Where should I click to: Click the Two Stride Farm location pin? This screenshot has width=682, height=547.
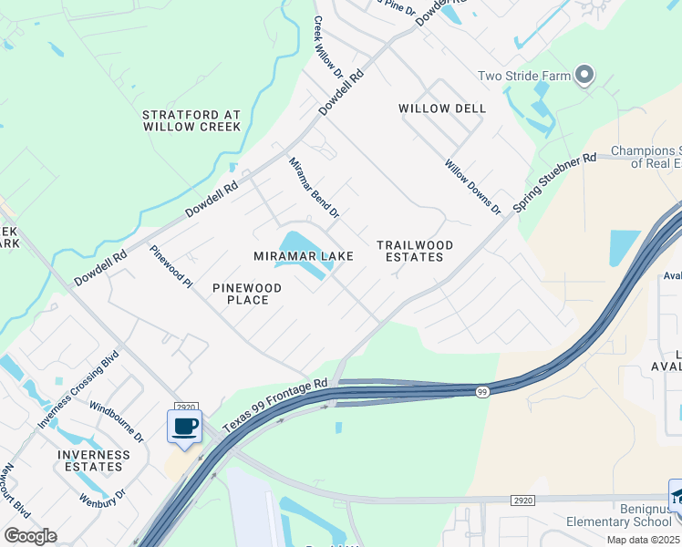point(584,76)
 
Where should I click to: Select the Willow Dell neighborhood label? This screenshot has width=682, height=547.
point(442,108)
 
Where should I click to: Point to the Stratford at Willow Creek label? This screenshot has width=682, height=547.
point(191,121)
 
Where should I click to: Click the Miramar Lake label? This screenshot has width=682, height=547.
point(304,256)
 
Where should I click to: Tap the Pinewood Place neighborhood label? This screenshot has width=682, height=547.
point(247,294)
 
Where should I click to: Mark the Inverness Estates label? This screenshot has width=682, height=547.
point(94,460)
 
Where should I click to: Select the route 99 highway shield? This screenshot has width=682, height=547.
point(480,392)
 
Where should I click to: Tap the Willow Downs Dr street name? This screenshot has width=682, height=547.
point(473,187)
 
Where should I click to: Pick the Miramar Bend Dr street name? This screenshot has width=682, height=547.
point(314,188)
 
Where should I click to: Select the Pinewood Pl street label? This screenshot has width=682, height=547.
point(171,267)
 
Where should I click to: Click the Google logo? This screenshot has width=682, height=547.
point(30,536)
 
